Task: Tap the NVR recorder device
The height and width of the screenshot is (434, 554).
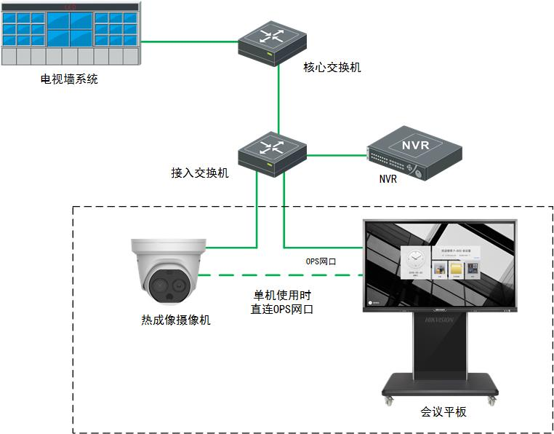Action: click(x=414, y=152)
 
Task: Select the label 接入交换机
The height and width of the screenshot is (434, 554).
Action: click(x=200, y=173)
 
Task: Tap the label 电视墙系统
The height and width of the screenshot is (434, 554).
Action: click(x=69, y=79)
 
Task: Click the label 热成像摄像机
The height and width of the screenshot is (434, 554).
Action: click(x=176, y=320)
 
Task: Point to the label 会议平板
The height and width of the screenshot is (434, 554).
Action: click(x=443, y=411)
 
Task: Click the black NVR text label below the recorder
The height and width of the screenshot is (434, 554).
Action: click(x=388, y=179)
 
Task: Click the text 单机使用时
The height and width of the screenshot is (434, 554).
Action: click(x=283, y=296)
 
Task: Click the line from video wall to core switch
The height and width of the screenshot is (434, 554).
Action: click(x=189, y=42)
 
